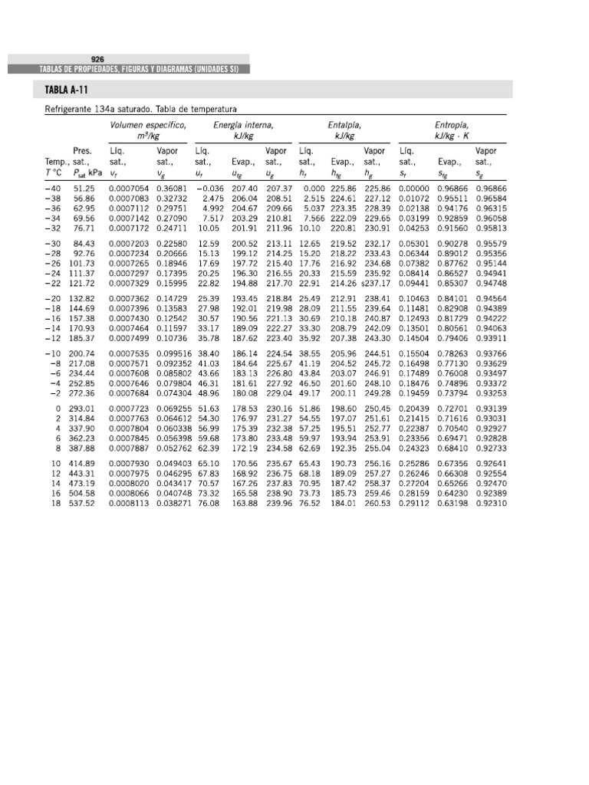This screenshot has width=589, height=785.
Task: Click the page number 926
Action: click(x=97, y=58)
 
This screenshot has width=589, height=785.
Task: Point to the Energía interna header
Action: click(x=244, y=123)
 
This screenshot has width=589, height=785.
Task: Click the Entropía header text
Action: click(x=452, y=123)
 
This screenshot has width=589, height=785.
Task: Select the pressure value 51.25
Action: click(x=84, y=188)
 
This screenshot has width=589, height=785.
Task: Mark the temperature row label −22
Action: click(x=53, y=282)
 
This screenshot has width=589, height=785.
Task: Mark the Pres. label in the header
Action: click(x=82, y=151)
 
